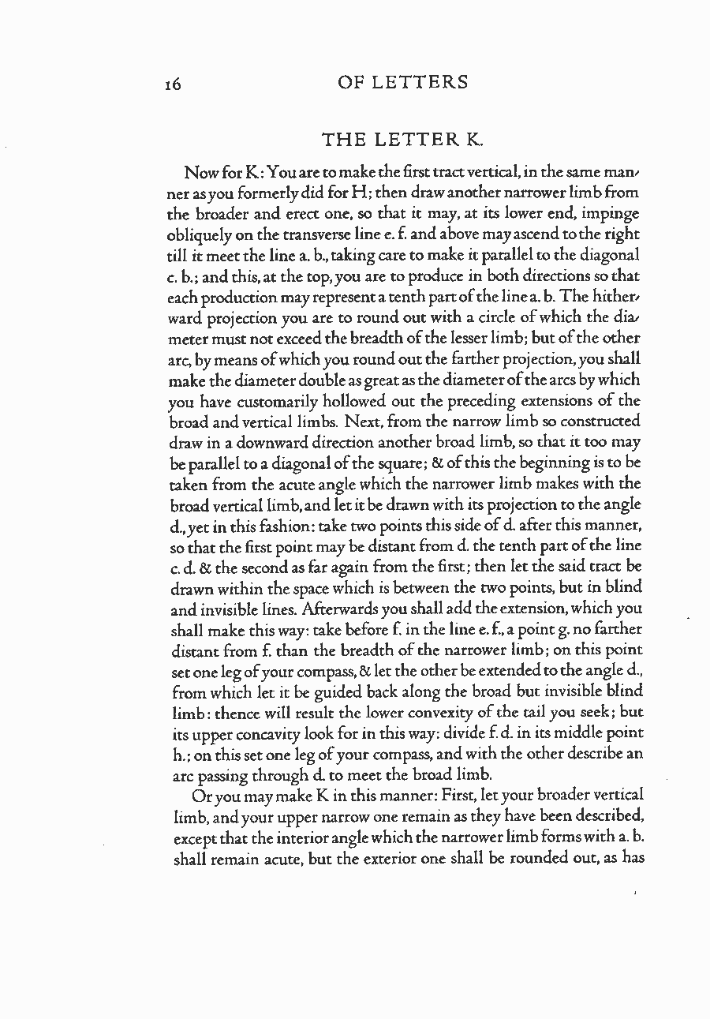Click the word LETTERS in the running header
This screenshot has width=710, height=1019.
click(x=427, y=82)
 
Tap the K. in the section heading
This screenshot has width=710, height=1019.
click(x=473, y=140)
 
